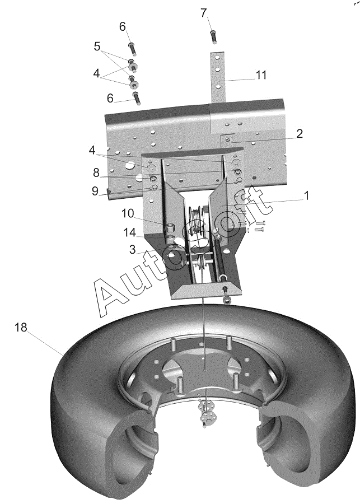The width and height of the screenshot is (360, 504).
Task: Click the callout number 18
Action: [x=21, y=328]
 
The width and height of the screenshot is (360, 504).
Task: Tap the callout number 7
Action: [x=204, y=13]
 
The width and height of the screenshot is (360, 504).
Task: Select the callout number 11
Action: [x=261, y=75]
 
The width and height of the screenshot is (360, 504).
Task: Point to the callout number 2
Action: [x=299, y=134]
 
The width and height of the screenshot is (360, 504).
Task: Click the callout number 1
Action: [x=306, y=195]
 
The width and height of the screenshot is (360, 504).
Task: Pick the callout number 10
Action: [x=128, y=213]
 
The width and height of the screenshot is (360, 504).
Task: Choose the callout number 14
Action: [x=130, y=233]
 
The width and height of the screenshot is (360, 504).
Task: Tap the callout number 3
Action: [x=133, y=250]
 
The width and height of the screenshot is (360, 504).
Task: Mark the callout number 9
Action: [x=95, y=192]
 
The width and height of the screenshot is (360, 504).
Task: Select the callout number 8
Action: [x=96, y=173]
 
